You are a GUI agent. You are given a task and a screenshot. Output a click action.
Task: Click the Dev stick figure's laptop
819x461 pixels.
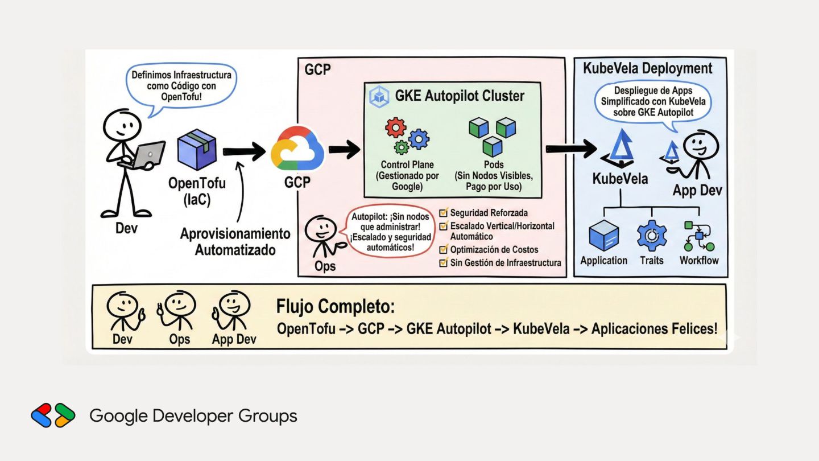(x=149, y=153)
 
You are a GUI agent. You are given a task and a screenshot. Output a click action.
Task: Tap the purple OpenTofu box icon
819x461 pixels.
(x=197, y=150)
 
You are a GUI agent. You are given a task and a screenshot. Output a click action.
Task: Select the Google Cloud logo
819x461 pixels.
(x=297, y=149)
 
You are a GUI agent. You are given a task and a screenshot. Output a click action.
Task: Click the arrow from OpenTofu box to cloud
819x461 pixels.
(x=243, y=151)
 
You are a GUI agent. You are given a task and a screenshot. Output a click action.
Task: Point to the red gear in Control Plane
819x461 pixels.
(x=395, y=127)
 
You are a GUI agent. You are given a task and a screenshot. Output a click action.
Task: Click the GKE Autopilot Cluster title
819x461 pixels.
(x=460, y=96)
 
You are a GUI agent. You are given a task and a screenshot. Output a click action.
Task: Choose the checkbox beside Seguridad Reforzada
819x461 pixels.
(x=444, y=213)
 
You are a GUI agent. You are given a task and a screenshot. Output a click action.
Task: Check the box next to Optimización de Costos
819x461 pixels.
(x=444, y=249)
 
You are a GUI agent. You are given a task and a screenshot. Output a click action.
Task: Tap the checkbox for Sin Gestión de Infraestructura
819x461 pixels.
(x=444, y=262)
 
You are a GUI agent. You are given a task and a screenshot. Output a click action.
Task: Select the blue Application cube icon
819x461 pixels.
(x=603, y=236)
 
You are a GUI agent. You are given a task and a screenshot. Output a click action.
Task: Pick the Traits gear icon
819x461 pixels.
(x=651, y=236)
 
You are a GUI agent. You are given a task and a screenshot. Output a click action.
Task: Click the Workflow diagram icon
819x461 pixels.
(x=698, y=236)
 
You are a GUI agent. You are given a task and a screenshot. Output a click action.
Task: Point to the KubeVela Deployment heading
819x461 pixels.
(x=647, y=69)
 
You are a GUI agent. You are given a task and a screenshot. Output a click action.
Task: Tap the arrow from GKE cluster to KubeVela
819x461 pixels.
(x=570, y=149)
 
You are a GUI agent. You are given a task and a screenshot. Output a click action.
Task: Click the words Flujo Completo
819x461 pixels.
(x=336, y=306)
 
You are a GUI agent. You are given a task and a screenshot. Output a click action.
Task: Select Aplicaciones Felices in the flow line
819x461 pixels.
(x=654, y=328)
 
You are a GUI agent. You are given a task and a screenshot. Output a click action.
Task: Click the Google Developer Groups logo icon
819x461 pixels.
(x=53, y=415)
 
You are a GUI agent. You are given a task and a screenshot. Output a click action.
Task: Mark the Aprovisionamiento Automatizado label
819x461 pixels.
(x=235, y=242)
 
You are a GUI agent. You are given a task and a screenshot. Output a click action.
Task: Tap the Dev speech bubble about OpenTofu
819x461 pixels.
(x=181, y=86)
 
